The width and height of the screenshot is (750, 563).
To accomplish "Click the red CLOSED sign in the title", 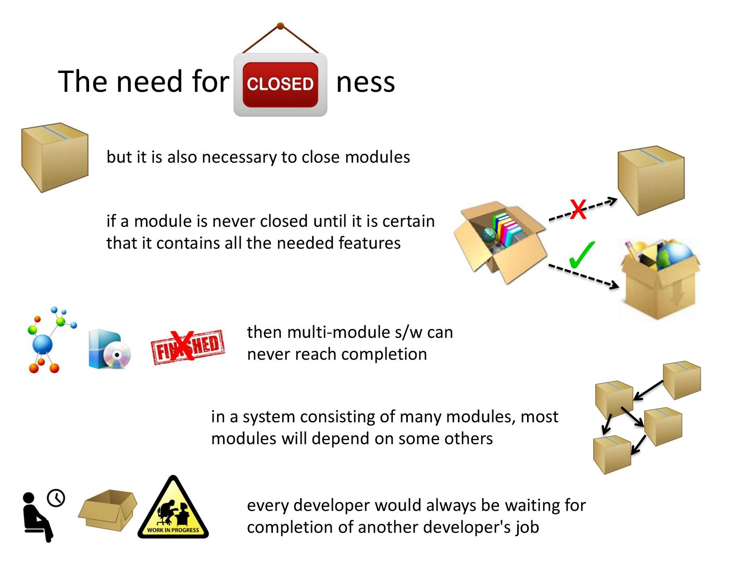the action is pyautogui.click(x=280, y=84).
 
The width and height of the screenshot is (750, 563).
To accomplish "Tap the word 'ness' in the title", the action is pyautogui.click(x=365, y=82).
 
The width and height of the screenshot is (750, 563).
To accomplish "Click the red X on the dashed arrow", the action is pyautogui.click(x=578, y=209).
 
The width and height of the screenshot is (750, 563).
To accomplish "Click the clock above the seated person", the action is pyautogui.click(x=56, y=498).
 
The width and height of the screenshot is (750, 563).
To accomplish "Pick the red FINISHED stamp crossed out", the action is pyautogui.click(x=187, y=347).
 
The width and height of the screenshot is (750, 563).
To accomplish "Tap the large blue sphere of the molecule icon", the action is pyautogui.click(x=43, y=345).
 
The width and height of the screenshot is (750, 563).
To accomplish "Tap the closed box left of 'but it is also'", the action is pyautogui.click(x=55, y=157).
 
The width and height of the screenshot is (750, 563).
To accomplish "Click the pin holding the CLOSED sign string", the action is pyautogui.click(x=280, y=26).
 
